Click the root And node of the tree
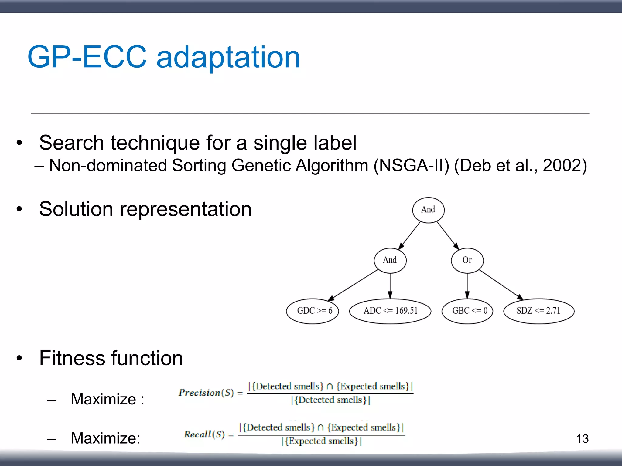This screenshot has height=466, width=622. coord(428,210)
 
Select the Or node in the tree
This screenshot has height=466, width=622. coord(467,260)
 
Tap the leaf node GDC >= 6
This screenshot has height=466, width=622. coord(313,311)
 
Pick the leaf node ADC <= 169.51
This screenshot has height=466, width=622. coord(390,311)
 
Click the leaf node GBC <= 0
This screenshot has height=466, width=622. coord(467,311)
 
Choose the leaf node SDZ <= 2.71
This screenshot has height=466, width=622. coord(538,311)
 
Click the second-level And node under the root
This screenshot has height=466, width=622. coord(390,260)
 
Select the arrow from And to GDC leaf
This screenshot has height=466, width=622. coord(354,285)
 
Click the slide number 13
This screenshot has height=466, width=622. coord(582,439)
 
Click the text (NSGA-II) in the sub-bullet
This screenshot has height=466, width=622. coord(411,166)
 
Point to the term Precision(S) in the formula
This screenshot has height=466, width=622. coord(206,393)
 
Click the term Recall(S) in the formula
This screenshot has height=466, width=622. coord(204,434)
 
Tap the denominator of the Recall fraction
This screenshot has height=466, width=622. coord(321,441)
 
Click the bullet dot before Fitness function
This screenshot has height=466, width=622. coord(19,358)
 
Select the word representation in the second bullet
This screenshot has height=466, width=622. coord(186,209)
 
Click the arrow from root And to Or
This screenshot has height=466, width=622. coord(448,235)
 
